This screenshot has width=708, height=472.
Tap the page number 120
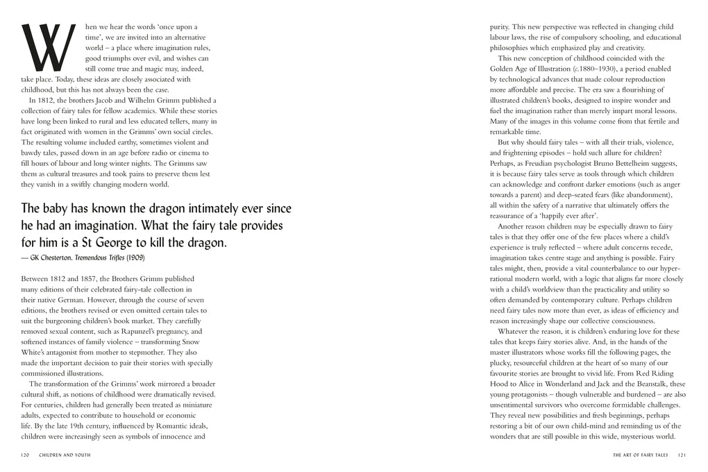(26, 455)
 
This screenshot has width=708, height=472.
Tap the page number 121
(682, 455)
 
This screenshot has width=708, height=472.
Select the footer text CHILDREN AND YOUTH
(65, 455)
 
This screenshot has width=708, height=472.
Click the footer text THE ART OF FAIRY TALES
(639, 455)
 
